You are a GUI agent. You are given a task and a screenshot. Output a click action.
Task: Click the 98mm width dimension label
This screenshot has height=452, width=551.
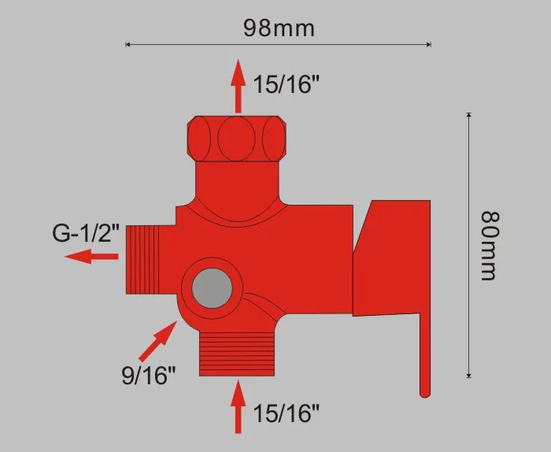[279, 28]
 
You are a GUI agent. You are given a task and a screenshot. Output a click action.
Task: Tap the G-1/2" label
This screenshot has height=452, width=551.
[86, 234]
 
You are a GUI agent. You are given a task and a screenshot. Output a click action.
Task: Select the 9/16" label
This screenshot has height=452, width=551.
[149, 376]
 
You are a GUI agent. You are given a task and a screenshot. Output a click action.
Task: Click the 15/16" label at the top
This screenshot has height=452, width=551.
[287, 83]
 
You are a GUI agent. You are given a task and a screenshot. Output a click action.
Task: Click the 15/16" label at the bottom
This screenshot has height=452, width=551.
[287, 412]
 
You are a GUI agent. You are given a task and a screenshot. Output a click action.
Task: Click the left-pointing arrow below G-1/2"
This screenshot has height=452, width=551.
[91, 257]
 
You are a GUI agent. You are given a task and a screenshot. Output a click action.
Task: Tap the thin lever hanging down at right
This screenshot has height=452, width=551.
[423, 354]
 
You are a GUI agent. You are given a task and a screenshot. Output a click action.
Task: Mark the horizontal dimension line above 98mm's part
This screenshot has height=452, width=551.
[279, 45]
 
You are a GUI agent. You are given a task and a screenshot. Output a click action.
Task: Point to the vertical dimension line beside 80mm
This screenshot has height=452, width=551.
[468, 244]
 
